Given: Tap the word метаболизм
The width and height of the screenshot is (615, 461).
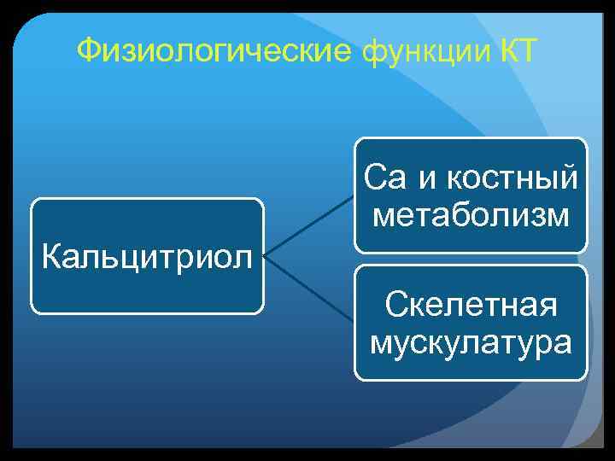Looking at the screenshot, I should click(x=471, y=215).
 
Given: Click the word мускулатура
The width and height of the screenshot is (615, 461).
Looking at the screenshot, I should click(x=471, y=341).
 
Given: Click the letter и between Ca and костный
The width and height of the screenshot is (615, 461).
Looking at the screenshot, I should click(x=424, y=180).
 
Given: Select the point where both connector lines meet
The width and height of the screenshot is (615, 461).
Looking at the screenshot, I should click(x=264, y=254).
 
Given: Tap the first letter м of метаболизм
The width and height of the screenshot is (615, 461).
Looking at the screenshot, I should click(x=384, y=217).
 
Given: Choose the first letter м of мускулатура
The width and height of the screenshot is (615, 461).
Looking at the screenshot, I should click(x=378, y=343).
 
